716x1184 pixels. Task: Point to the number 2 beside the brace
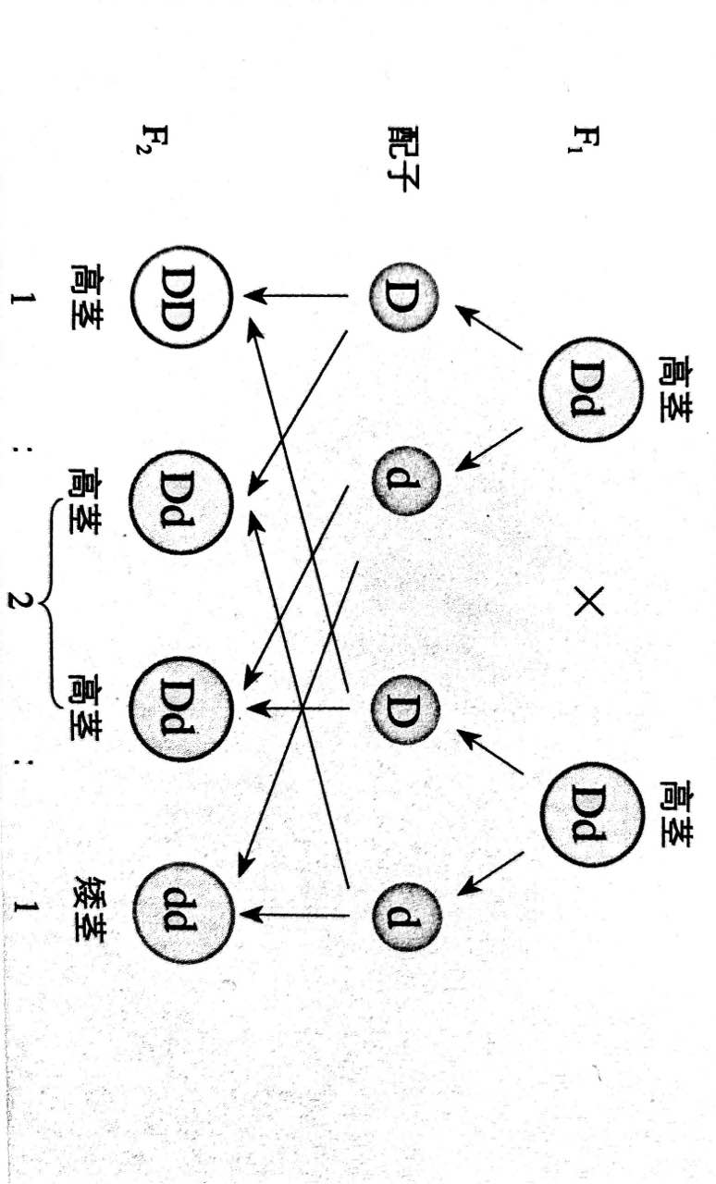click(x=21, y=601)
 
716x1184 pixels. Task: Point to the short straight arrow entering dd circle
click(x=296, y=914)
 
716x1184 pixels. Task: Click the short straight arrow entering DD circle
click(x=296, y=297)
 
